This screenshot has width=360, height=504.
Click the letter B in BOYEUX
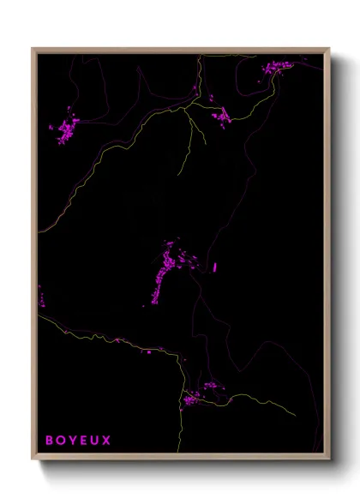[49, 441]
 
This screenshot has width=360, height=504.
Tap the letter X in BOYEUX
[106, 441]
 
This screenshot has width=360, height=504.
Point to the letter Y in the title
[71, 441]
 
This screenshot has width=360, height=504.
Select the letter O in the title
[60, 441]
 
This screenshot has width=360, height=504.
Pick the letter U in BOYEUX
[94, 441]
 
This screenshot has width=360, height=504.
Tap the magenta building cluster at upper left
[65, 130]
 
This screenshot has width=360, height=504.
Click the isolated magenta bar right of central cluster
[214, 267]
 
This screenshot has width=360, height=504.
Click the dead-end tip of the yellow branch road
[179, 174]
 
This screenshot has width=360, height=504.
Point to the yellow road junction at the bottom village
[182, 397]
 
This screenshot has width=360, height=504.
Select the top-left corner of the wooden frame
[33, 49]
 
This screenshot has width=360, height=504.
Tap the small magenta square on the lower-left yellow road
[148, 351]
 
